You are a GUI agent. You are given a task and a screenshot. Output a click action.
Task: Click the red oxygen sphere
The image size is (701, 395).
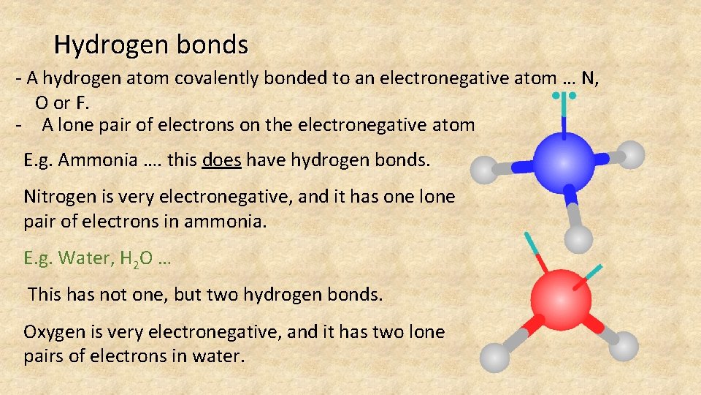pos(559,300)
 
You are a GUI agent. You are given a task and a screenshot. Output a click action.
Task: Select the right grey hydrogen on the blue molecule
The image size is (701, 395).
pos(631,154)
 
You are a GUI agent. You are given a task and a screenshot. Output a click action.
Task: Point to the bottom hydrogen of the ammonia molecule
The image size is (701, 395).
pos(579,238)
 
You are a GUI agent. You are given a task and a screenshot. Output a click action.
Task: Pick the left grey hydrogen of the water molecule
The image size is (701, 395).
pos(495,358)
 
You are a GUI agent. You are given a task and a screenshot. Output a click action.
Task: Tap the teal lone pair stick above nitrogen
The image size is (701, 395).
pos(564,116)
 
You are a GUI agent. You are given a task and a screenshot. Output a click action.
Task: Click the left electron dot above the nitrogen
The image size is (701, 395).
pos(556,95)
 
